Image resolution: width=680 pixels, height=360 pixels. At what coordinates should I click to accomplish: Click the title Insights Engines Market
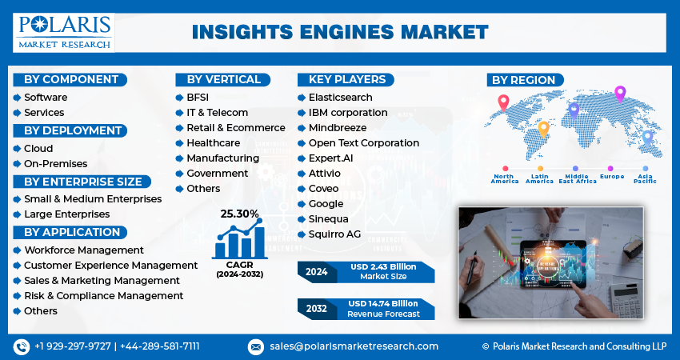[340, 32]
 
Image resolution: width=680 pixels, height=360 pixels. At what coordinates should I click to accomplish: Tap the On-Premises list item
[55, 163]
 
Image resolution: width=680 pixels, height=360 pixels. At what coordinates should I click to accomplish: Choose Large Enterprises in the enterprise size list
[66, 214]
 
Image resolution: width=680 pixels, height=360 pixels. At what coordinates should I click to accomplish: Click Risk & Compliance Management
[103, 295]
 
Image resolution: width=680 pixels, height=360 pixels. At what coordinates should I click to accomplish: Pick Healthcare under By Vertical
[213, 142]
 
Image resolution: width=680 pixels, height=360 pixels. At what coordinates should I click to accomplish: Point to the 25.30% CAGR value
[239, 214]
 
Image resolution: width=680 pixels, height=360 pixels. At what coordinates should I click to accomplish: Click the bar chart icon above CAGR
[239, 241]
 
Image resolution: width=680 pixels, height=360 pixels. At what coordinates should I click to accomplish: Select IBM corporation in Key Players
[348, 112]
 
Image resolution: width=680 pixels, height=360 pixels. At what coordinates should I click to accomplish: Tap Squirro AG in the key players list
[334, 234]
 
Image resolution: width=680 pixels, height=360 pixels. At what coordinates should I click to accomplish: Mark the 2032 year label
[316, 308]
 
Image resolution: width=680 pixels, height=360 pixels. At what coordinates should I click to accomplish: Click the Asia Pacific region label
[645, 178]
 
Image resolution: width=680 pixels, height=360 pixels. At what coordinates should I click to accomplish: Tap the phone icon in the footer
[20, 346]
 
